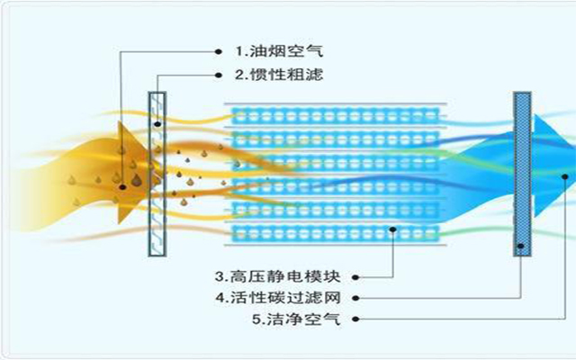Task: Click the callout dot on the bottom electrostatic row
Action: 393,230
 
